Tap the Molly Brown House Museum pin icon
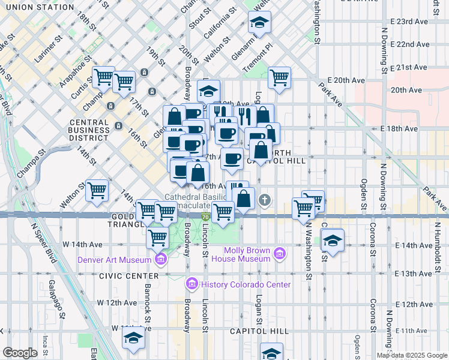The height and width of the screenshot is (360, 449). tap(279, 254)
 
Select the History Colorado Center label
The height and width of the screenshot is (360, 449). tap(246, 284)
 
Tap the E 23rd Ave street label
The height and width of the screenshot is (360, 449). tap(410, 20)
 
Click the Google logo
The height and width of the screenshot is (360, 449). tap(20, 353)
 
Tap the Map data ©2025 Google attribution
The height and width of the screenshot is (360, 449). tap(412, 355)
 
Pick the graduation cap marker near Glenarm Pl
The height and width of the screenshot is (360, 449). tap(259, 23)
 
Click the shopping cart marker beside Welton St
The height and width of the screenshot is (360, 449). tap(97, 191)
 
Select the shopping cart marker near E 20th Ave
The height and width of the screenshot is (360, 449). tap(279, 77)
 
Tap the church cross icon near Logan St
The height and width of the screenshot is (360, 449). tap(264, 200)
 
